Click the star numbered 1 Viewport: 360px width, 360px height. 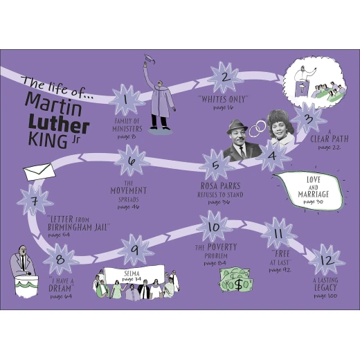click(126, 100)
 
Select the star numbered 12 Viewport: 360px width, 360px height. click(327, 260)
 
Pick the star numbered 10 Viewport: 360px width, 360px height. click(214, 226)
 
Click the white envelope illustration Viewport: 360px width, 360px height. click(39, 172)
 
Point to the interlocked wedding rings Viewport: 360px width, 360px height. click(258, 129)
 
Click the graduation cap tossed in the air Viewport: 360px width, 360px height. click(150, 59)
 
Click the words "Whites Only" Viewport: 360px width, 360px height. click(223, 99)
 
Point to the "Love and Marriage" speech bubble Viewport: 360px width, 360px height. click(309, 190)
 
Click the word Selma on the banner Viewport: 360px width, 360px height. click(132, 273)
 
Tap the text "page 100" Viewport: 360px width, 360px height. click(325, 296)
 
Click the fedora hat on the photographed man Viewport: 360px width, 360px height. click(237, 127)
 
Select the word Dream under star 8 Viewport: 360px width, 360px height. click(60, 289)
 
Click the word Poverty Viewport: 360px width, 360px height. click(222, 247)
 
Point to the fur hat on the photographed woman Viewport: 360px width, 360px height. click(280, 120)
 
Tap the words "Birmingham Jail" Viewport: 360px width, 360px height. click(78, 227)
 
